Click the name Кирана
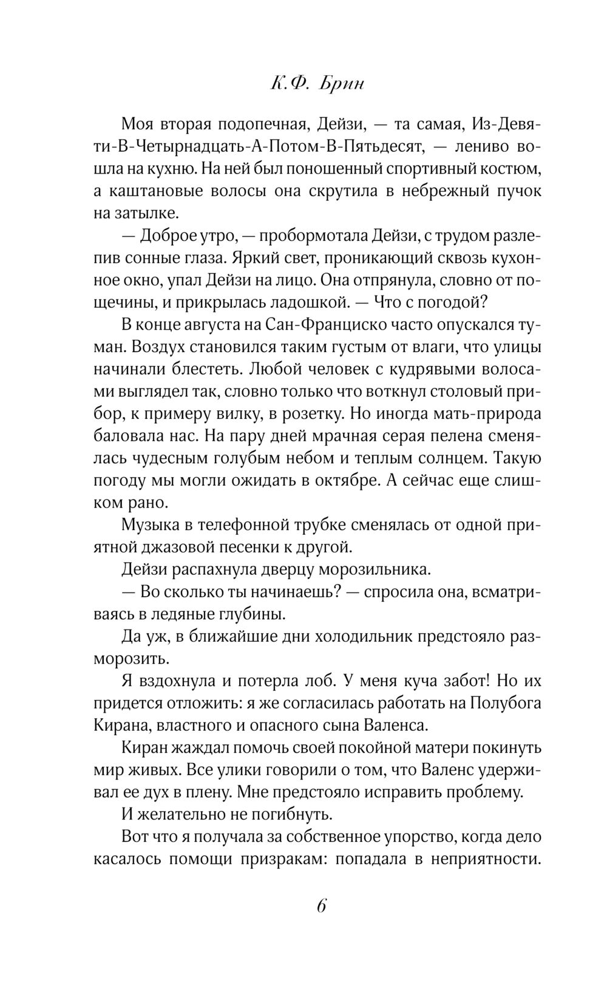[121, 725]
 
